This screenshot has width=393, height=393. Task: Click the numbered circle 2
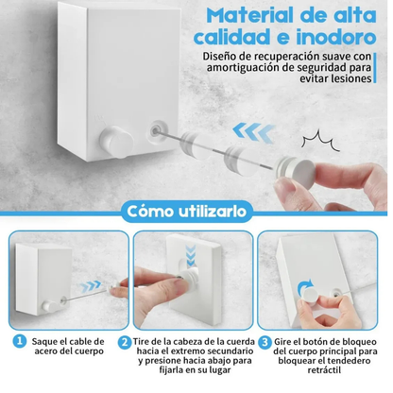tap(124, 340)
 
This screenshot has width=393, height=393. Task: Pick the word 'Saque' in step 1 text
tap(43, 340)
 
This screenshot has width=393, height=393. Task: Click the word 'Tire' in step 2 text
tap(143, 340)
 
